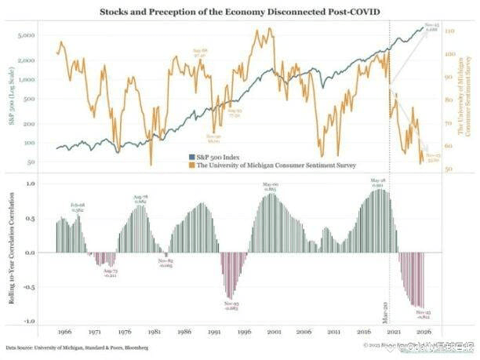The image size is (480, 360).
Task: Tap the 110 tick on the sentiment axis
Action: [x=452, y=31]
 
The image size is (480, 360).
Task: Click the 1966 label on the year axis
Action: [x=65, y=332]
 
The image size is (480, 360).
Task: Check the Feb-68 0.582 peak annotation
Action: [x=78, y=207]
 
